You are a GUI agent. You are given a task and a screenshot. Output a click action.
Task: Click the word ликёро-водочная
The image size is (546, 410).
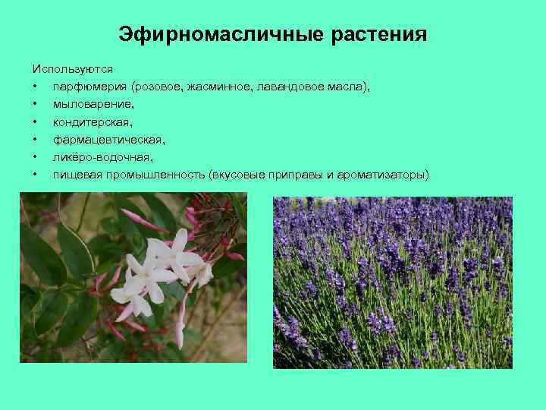click(x=102, y=157)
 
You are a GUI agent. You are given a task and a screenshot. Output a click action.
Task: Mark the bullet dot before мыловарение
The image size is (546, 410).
click(x=36, y=105)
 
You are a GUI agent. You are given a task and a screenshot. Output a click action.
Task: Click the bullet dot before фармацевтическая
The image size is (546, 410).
click(x=36, y=140)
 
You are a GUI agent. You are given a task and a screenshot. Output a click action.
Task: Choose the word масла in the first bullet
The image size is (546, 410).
click(x=347, y=87)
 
